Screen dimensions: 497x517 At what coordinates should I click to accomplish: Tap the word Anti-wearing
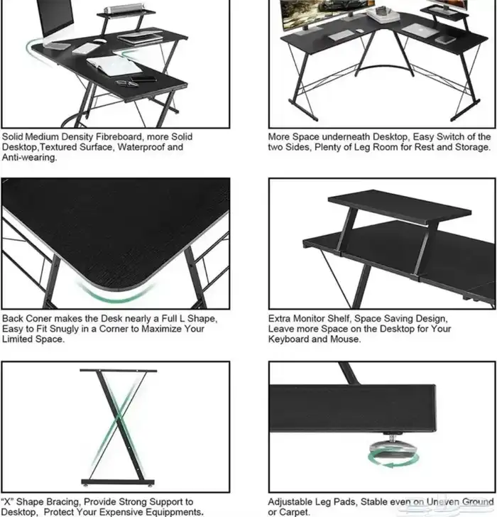(x=29, y=158)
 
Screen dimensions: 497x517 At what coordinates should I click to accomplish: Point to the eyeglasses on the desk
(x=127, y=84)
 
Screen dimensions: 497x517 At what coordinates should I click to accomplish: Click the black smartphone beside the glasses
(x=143, y=79)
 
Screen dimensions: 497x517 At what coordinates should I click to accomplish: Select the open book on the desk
(x=114, y=65)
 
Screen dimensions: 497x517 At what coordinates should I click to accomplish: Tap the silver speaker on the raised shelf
(x=124, y=9)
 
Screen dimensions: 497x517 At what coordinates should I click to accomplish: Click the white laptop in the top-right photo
(x=420, y=31)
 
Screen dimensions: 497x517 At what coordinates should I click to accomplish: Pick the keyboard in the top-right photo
(x=341, y=35)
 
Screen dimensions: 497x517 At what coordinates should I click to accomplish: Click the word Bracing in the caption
(x=62, y=502)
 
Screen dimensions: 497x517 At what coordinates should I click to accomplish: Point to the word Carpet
(x=295, y=512)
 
